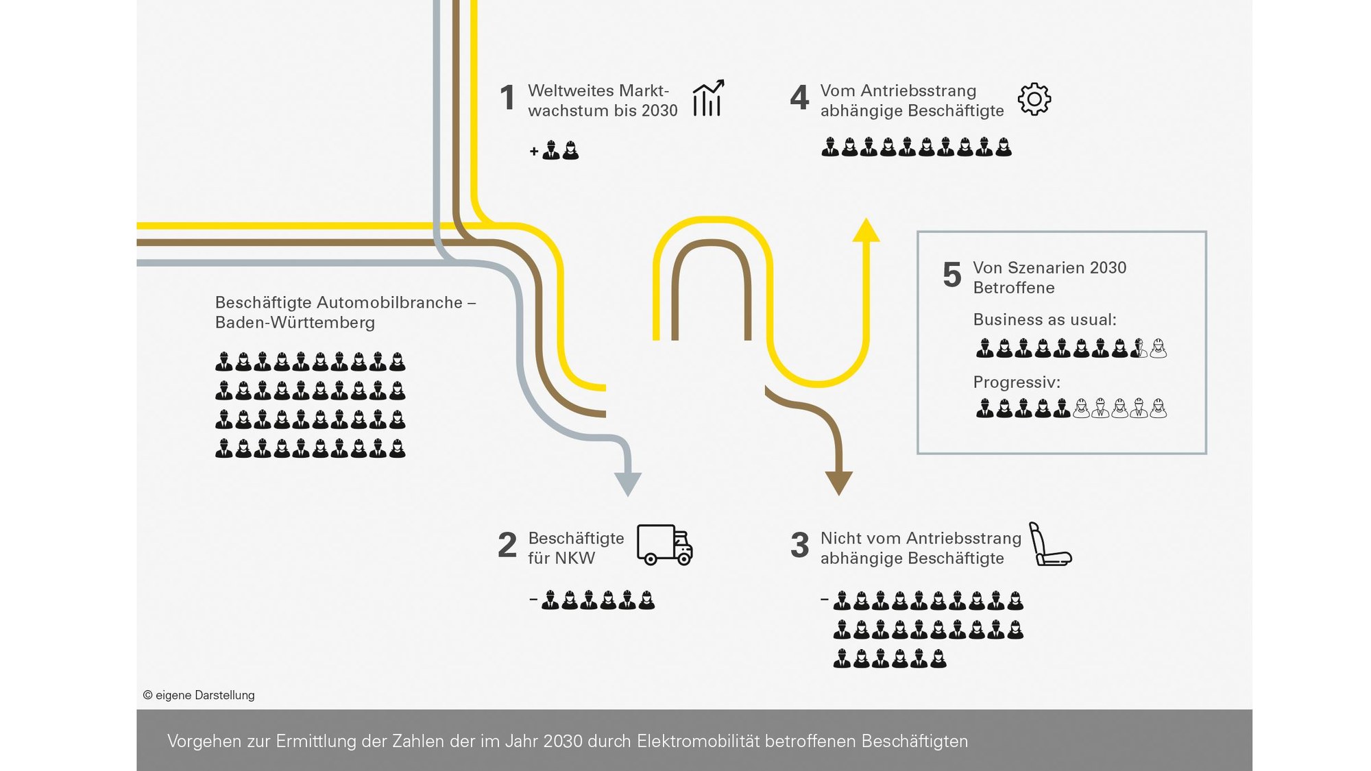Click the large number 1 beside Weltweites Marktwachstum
(507, 97)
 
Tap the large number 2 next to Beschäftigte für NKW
(507, 545)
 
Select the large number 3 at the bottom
(800, 545)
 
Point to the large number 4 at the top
(799, 97)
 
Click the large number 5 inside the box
(952, 275)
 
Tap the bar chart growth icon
(708, 98)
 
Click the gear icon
(1034, 99)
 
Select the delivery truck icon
(665, 545)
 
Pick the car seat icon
(1050, 544)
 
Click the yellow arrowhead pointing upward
(866, 230)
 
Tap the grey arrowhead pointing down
(628, 485)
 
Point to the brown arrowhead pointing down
(838, 484)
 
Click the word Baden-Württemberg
(295, 322)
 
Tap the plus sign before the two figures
(534, 151)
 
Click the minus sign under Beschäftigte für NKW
(533, 600)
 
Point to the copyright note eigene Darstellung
(199, 695)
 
